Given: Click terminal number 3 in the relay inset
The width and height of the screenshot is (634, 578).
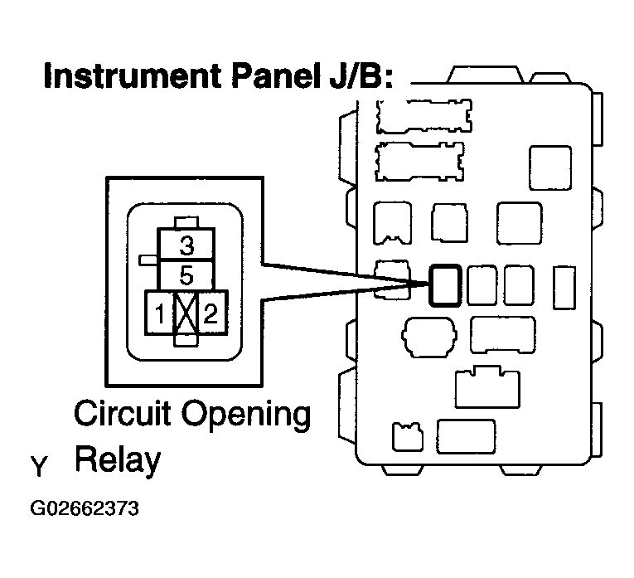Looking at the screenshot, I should click(x=186, y=246).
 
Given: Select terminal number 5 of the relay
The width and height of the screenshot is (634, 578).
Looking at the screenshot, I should click(x=186, y=274).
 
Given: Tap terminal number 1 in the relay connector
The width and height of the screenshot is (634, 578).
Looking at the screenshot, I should click(x=157, y=313).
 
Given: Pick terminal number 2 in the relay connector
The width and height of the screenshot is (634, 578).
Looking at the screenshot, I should click(x=212, y=313).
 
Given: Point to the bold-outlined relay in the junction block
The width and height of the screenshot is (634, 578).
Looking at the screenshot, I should click(x=446, y=286).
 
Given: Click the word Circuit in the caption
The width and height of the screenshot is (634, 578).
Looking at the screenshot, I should click(x=122, y=413).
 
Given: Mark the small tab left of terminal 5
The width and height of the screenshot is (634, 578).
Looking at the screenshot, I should click(x=147, y=260).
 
